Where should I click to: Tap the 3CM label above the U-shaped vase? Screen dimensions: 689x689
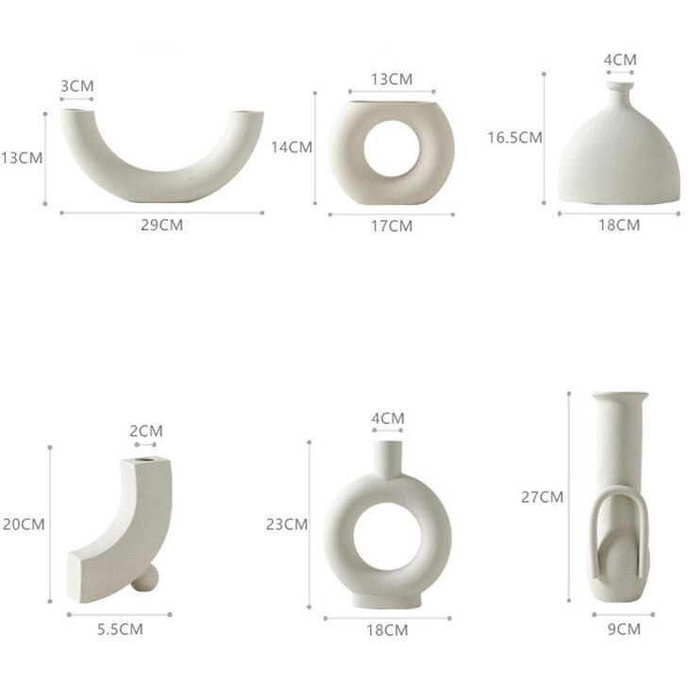77,86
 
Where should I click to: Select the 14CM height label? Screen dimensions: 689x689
291,146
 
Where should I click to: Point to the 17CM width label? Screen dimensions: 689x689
391,226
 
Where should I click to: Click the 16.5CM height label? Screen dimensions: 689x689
514,137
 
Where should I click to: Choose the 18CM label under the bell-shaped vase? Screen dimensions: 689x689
619,225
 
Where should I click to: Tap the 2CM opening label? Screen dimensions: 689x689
146,430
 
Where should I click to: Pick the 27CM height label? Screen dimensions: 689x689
542,496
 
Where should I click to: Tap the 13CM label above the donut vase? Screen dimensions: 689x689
390,79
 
